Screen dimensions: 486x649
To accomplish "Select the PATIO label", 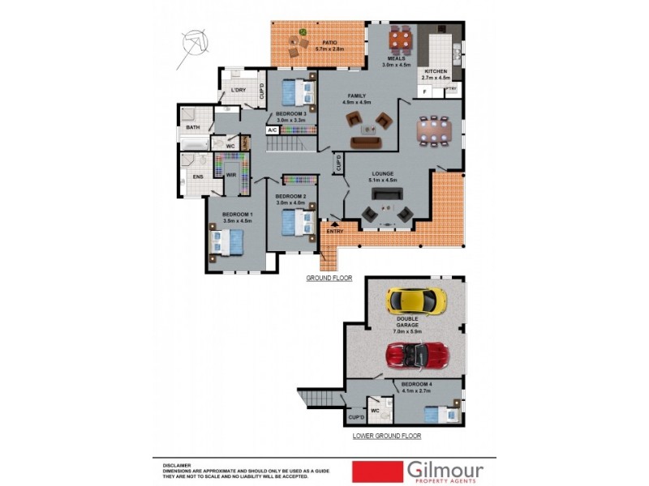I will [x=329, y=42].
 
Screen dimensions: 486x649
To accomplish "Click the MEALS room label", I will [x=396, y=58].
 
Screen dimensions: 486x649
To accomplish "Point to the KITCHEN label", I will [x=436, y=71].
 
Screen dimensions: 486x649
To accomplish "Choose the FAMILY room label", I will [x=357, y=96].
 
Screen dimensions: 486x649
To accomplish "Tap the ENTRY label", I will [x=335, y=232].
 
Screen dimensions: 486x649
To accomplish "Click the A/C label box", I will [x=273, y=130].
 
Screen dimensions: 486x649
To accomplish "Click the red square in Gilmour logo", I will [x=378, y=471].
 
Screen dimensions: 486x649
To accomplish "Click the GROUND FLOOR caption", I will [x=329, y=278].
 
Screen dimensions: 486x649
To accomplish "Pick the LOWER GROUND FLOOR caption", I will [x=386, y=435].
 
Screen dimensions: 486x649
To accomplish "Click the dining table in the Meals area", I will [x=401, y=37].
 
